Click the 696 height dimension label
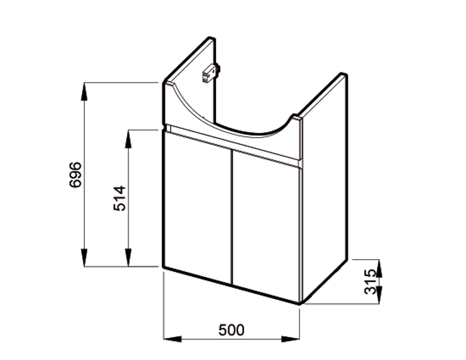point(75,175)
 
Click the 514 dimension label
point(119,198)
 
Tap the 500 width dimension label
point(231,330)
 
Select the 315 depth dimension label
point(370,281)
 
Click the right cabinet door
point(266,226)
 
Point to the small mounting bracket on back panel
point(211,73)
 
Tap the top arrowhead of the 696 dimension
point(84,91)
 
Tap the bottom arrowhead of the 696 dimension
point(84,257)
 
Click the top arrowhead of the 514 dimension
point(128,139)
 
